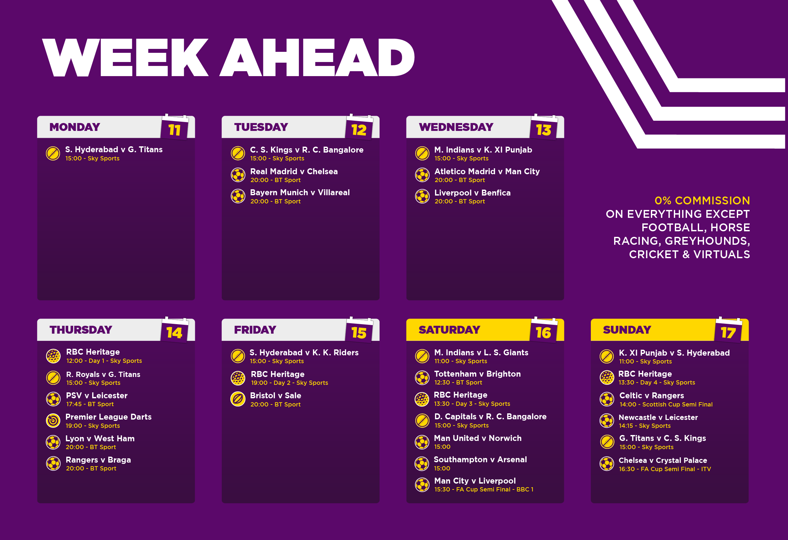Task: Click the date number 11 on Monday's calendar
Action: point(174,130)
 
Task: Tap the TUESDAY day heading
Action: point(261,127)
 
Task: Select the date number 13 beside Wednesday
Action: point(543,130)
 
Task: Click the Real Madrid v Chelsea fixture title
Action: point(294,172)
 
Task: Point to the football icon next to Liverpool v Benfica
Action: point(422,196)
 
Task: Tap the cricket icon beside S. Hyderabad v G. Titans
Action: point(53,153)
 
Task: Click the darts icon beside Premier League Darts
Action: point(53,421)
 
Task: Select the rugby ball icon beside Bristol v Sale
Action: point(238,399)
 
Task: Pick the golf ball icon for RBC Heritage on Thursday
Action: point(53,356)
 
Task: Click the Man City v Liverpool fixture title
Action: point(475,481)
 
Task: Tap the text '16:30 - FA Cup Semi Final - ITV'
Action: point(665,469)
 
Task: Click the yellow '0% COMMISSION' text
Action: point(702,201)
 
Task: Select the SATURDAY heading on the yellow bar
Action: point(449,330)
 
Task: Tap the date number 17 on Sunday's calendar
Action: point(728,333)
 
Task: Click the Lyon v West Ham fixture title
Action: point(100,439)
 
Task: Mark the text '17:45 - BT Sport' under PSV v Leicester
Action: point(90,404)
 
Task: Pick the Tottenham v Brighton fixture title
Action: point(477,374)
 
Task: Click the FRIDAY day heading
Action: point(255,330)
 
